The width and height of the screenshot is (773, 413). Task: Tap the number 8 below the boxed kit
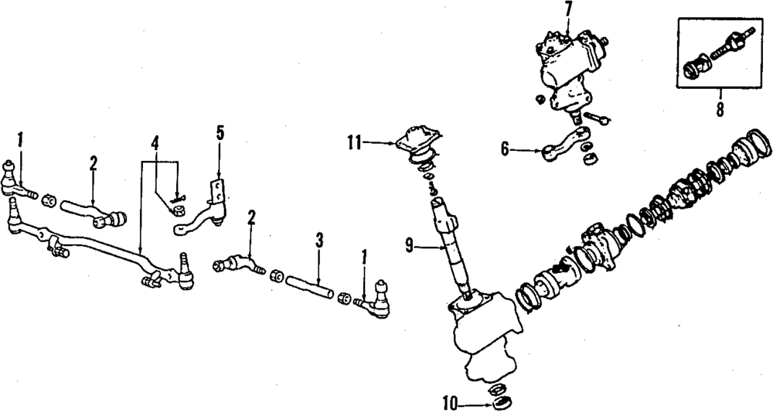[720, 109]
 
